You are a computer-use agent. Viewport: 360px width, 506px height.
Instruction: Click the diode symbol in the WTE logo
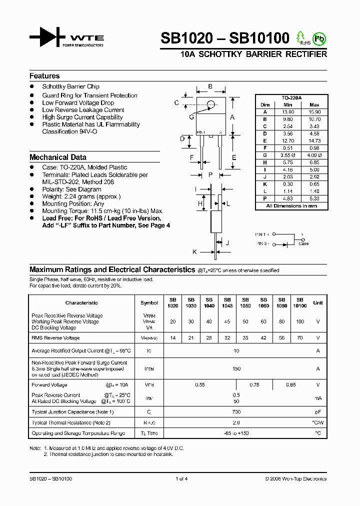(x=47, y=38)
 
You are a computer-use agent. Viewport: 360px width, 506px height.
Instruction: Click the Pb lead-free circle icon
(x=318, y=38)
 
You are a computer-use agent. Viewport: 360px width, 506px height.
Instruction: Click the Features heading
(x=44, y=76)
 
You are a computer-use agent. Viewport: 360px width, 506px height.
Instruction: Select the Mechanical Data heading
(x=57, y=157)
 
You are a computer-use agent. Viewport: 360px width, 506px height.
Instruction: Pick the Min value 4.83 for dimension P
(x=287, y=198)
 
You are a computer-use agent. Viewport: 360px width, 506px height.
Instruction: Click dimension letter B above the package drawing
(x=210, y=87)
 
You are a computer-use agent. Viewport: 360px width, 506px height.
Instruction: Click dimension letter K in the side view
(x=195, y=252)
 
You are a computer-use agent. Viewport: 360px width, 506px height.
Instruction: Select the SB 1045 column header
(x=227, y=302)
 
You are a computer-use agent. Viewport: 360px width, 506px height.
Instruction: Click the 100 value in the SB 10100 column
(x=299, y=321)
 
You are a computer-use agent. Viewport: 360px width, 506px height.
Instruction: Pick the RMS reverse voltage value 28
(x=209, y=338)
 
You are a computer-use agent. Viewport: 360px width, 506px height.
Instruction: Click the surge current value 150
(x=236, y=368)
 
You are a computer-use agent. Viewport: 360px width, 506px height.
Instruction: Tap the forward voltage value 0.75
(x=254, y=385)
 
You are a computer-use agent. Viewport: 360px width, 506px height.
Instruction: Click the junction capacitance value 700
(x=236, y=412)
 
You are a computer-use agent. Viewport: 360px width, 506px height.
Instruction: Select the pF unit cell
(x=317, y=412)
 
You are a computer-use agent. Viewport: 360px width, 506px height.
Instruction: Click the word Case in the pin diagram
(x=303, y=243)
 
